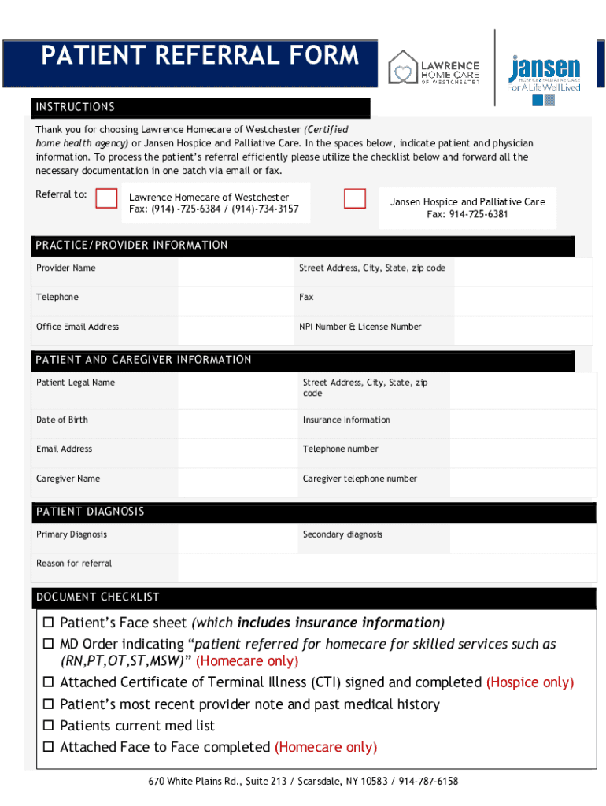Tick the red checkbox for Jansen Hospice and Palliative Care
tap(355, 198)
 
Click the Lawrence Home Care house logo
tap(404, 67)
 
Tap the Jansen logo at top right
tap(545, 74)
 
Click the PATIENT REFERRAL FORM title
tap(200, 56)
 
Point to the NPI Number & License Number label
tap(360, 327)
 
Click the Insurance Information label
tap(346, 420)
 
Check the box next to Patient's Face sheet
tap(48, 623)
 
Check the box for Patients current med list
tap(48, 726)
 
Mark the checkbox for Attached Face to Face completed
tap(48, 747)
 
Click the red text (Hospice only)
tap(530, 682)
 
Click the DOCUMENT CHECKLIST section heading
tap(98, 597)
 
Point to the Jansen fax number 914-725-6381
tap(467, 214)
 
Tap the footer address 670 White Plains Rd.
tap(303, 782)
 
